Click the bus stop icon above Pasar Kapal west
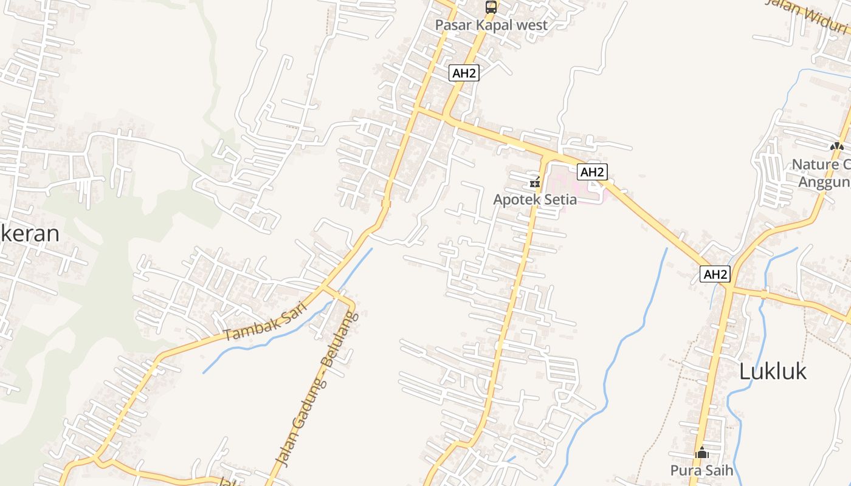[491, 7]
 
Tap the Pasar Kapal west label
[492, 26]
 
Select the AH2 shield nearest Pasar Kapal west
[464, 74]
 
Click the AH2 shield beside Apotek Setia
[592, 172]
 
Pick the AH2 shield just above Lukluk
[715, 275]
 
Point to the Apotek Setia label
[534, 199]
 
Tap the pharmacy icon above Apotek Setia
[535, 182]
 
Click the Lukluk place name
[773, 371]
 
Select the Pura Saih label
[701, 470]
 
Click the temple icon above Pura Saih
[702, 453]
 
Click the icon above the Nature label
[837, 146]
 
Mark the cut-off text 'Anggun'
[824, 182]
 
